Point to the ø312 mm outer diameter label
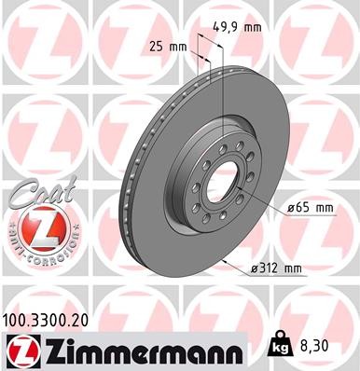point(276,269)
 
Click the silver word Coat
point(35,193)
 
